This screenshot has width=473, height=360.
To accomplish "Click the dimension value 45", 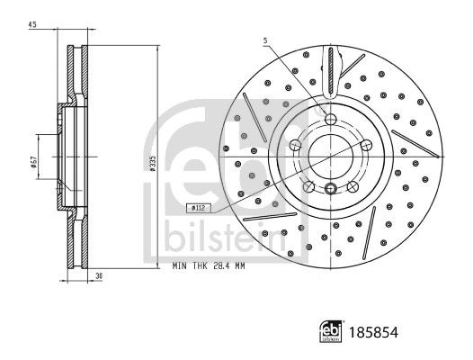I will tap(32, 23).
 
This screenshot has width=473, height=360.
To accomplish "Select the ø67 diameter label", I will tap(33, 161).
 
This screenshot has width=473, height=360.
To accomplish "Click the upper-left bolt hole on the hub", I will tap(297, 145).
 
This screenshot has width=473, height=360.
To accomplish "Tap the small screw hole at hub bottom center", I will tap(331, 189).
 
